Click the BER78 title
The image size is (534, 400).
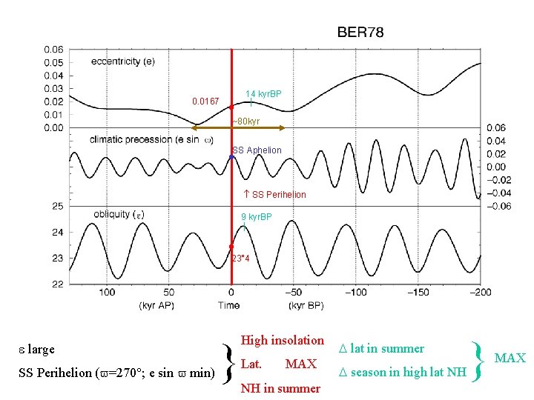pos(360,33)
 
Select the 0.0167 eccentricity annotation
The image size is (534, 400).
pos(205,101)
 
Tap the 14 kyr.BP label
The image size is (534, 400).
pos(263,94)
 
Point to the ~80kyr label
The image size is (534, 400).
pos(244,121)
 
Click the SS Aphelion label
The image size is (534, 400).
pos(257,150)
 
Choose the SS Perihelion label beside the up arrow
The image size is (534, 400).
pos(278,195)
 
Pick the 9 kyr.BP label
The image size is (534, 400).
pos(256,217)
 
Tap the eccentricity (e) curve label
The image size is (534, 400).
pos(122,61)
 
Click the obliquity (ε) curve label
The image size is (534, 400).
pos(119,215)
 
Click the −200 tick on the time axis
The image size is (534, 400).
pos(481,293)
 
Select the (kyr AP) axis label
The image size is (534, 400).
pos(157,305)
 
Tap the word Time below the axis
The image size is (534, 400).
pos(229,305)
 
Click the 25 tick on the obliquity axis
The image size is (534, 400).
pos(57,206)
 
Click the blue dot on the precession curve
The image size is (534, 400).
pos(232,157)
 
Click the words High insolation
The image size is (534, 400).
pos(283,341)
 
